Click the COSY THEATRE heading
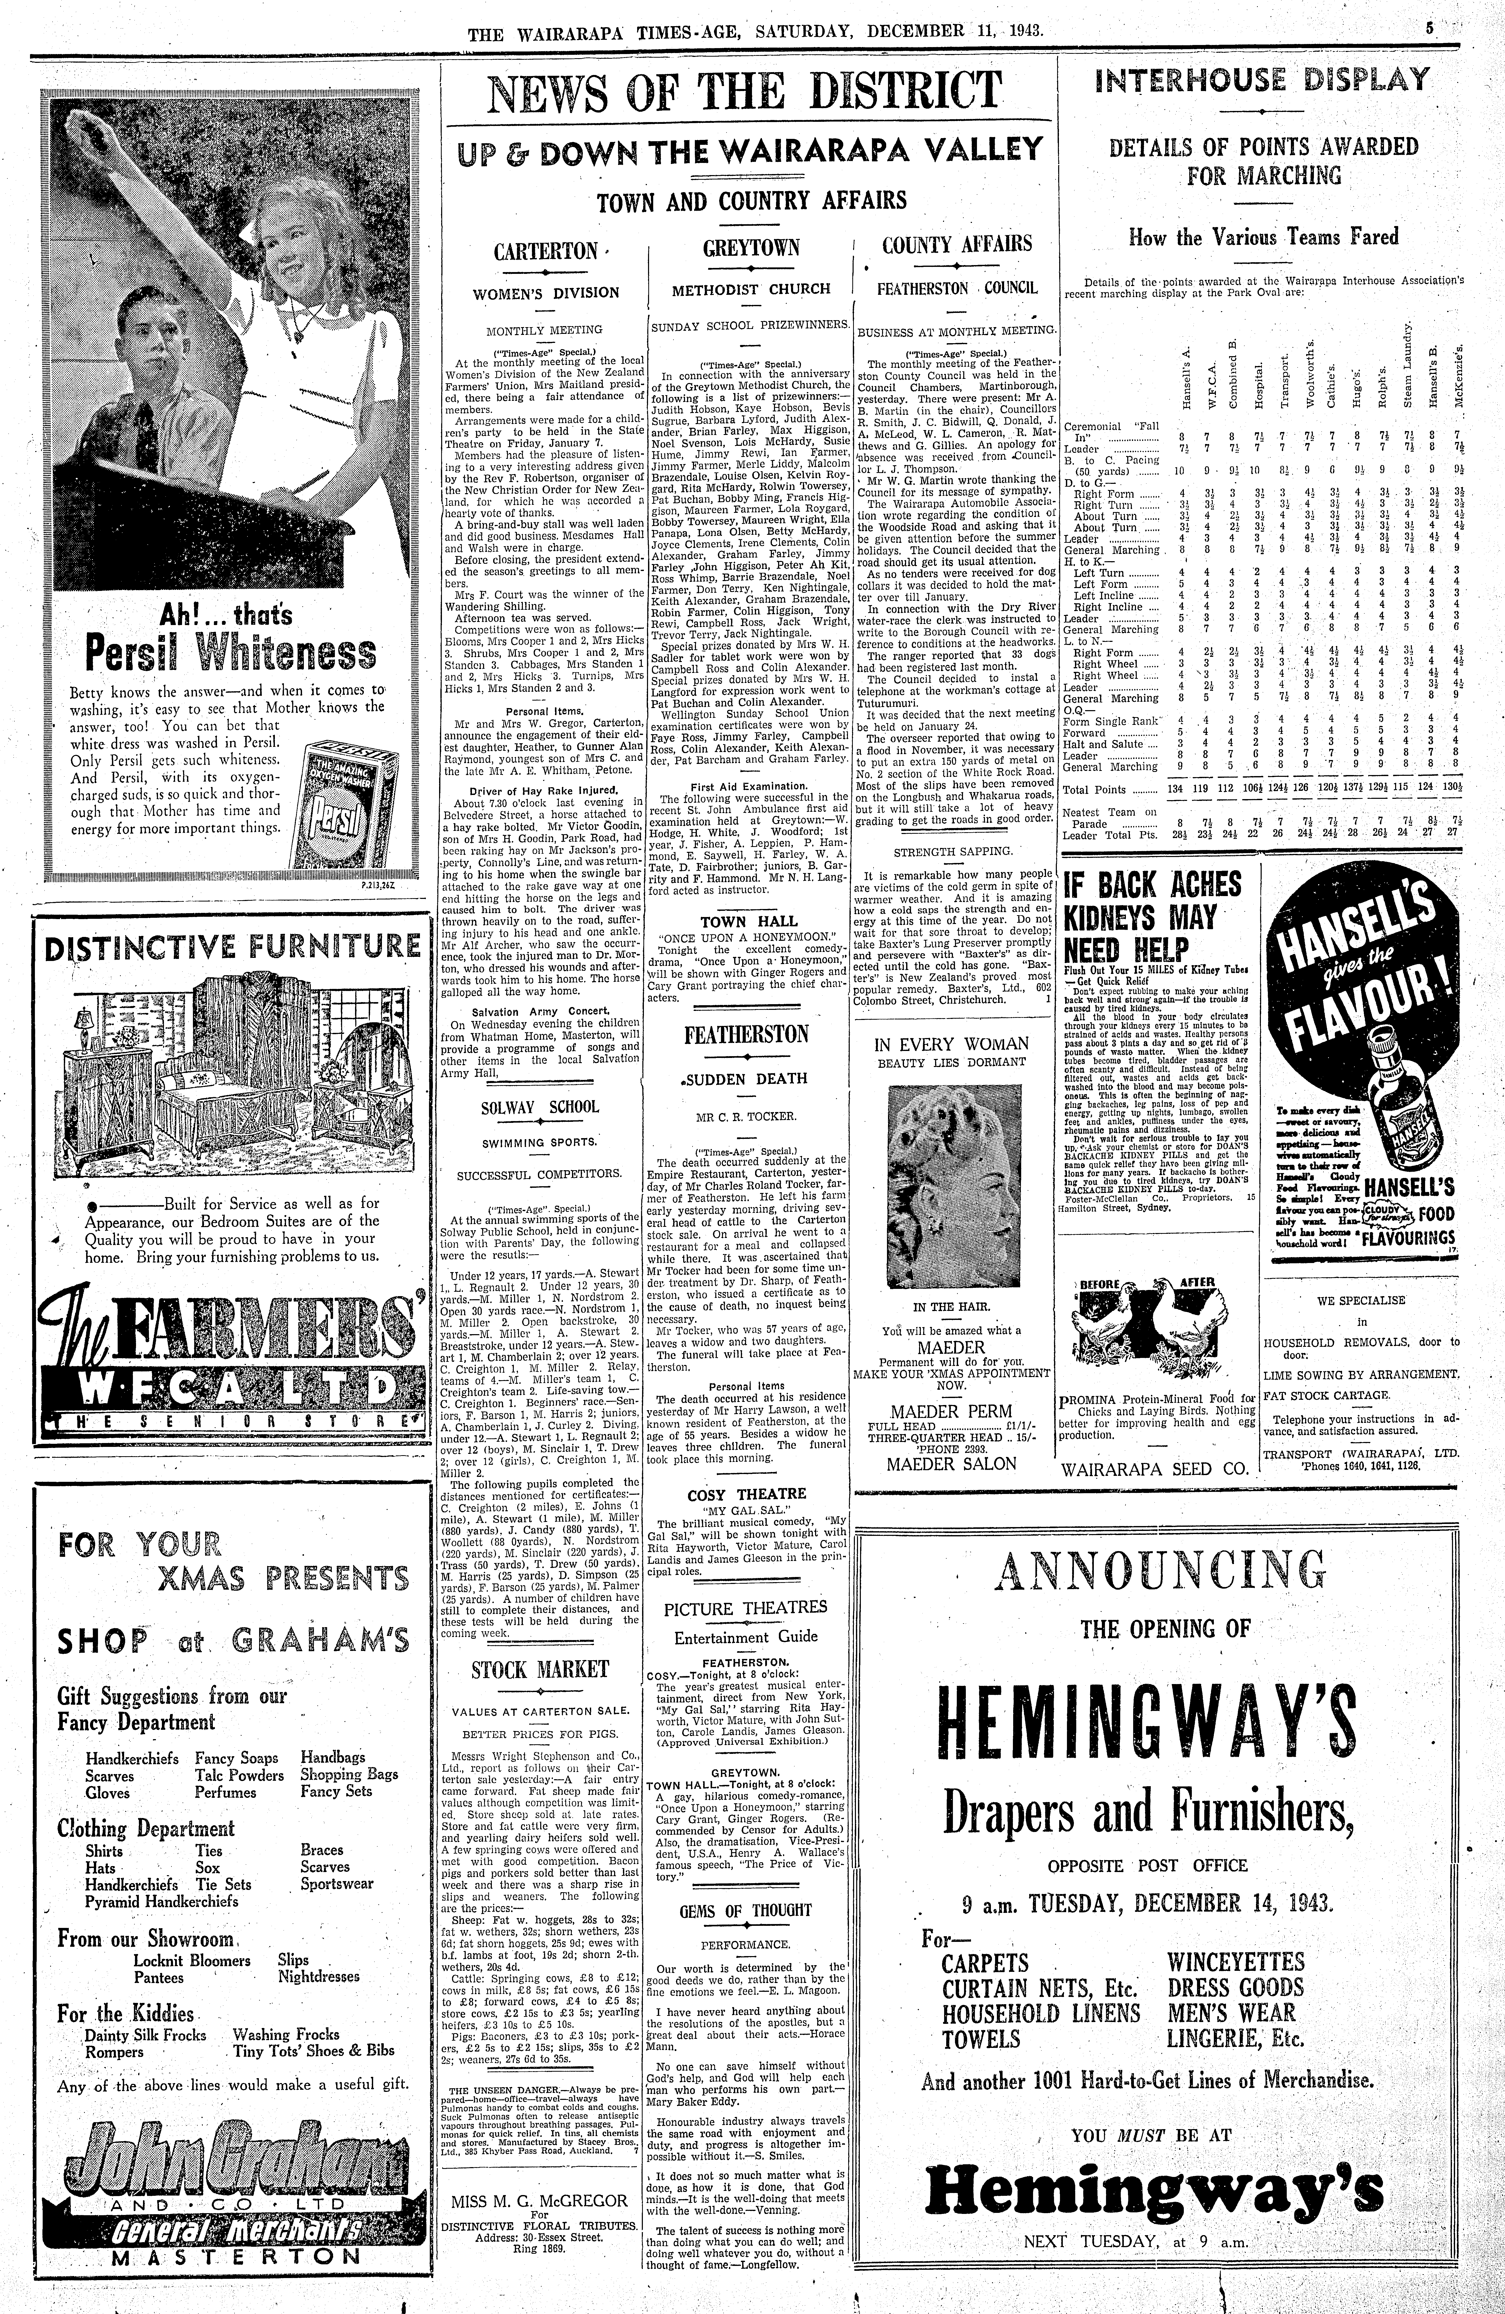(x=747, y=1494)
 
